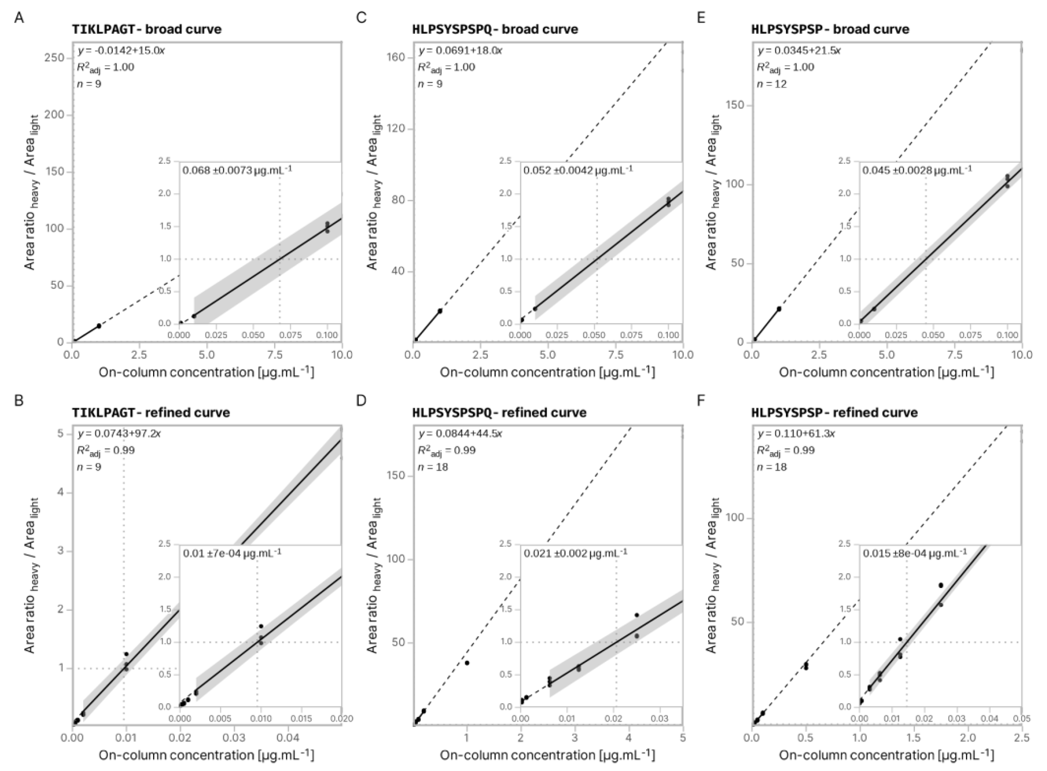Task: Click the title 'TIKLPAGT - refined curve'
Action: pyautogui.click(x=151, y=413)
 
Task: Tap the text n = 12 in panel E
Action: pyautogui.click(x=771, y=84)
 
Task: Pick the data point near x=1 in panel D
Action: pyautogui.click(x=467, y=663)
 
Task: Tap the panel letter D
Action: pyautogui.click(x=361, y=401)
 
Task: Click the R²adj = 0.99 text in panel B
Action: pyautogui.click(x=106, y=451)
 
